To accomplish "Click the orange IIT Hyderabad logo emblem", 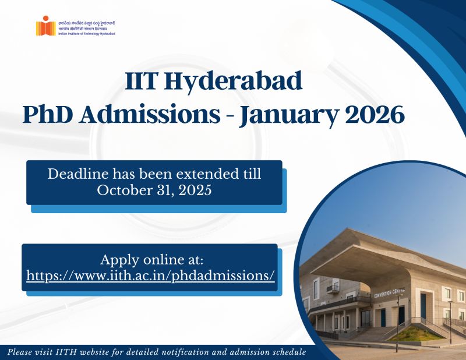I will coord(45,26).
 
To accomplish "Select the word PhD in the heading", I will coord(47,115).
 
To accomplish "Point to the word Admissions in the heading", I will coord(151,115).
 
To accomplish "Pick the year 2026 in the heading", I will coord(375,115).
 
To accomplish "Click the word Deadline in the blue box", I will coord(76,174).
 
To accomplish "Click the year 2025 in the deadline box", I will coord(193,190).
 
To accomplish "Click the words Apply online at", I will coord(151,259).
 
